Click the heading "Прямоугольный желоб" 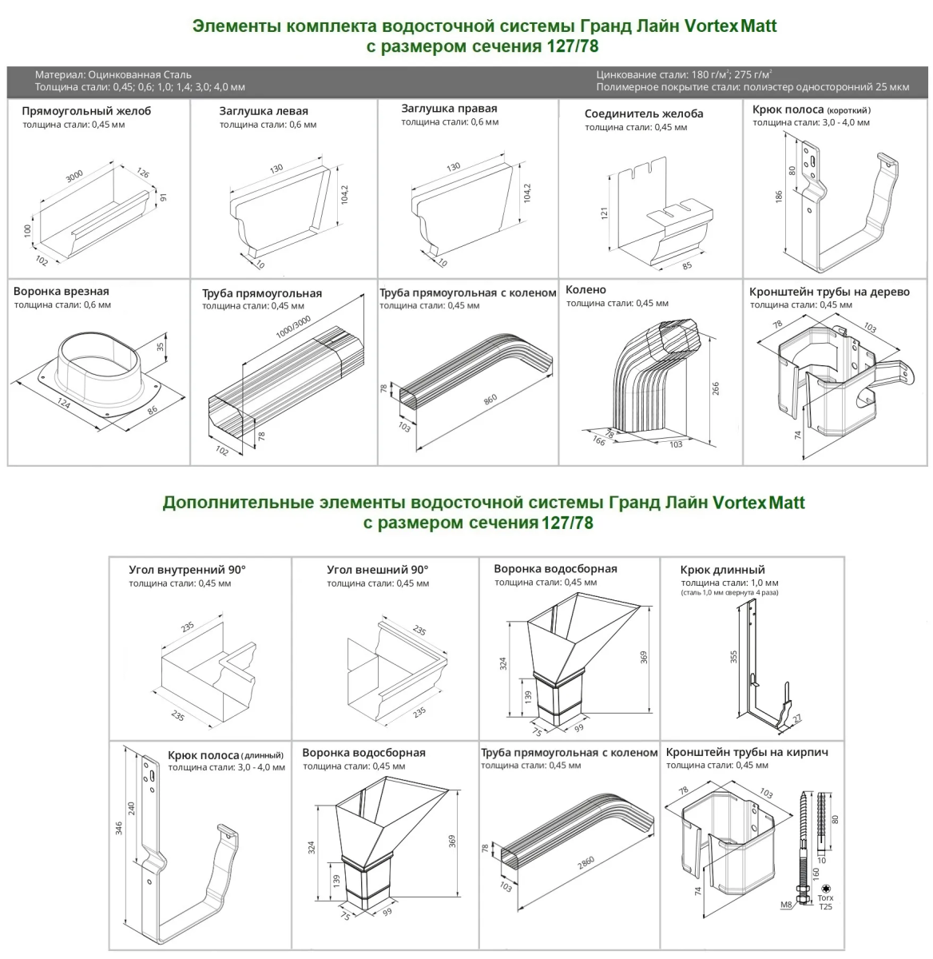pos(86,111)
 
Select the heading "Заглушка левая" pos(264,111)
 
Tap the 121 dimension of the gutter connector pos(605,213)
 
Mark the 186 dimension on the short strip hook pos(779,196)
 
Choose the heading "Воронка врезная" pos(62,292)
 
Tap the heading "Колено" pos(586,290)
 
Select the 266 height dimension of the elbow pos(716,388)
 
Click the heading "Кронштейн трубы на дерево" pos(829,292)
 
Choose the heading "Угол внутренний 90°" pos(187,571)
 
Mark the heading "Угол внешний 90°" pos(377,571)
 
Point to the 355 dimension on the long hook pos(733,656)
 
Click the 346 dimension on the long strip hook pos(119,827)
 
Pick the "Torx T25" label pos(825,902)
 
